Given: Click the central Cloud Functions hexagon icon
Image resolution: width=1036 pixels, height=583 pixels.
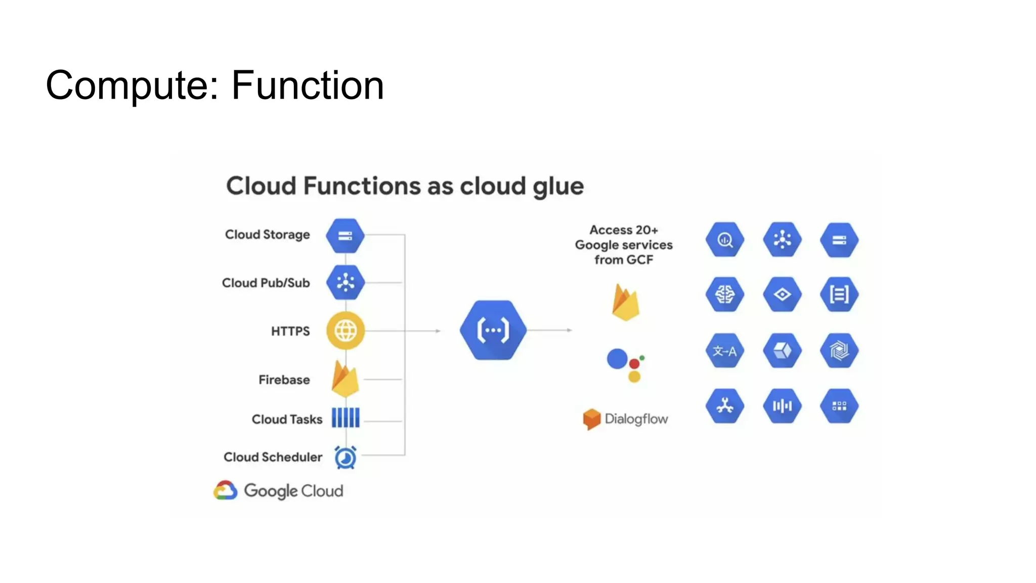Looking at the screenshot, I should point(493,330).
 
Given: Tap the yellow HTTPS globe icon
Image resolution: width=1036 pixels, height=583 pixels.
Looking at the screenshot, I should point(346,331).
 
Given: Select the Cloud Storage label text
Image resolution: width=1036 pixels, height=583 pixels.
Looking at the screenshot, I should point(267,235).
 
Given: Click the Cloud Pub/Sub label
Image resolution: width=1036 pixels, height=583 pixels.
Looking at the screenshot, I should point(266,283).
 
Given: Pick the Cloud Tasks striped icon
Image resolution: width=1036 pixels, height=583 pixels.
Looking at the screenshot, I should point(346,418).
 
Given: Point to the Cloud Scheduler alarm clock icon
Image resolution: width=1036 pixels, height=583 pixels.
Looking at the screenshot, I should point(346,457).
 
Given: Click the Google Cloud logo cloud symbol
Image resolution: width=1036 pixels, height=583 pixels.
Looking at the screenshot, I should point(226,490).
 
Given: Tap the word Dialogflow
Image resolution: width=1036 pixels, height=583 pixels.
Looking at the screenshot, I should point(636,419).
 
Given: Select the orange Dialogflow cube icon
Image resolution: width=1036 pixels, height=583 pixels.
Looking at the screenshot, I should point(591,419).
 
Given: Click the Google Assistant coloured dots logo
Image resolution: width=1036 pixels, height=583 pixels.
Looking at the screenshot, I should point(625,365).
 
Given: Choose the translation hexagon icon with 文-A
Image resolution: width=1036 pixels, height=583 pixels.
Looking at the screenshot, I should point(724,351).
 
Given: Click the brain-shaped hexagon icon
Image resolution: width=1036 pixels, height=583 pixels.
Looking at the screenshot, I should point(724,294).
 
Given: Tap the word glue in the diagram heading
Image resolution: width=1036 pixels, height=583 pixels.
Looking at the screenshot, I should point(558,187).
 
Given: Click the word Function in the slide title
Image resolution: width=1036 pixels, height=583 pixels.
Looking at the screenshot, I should point(308,86).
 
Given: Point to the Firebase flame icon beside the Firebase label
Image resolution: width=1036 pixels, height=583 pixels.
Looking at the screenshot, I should point(346,379).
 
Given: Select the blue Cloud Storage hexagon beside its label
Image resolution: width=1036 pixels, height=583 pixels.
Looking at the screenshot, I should point(345,236).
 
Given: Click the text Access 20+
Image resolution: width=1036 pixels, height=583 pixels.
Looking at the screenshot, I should point(624,230).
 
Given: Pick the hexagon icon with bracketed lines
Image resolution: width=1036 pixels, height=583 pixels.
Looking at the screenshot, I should point(839,294).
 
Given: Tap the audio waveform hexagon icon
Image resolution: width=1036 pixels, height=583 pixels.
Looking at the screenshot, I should point(782,406).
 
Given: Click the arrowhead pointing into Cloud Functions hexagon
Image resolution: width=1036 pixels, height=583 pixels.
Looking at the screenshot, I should point(438,331).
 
